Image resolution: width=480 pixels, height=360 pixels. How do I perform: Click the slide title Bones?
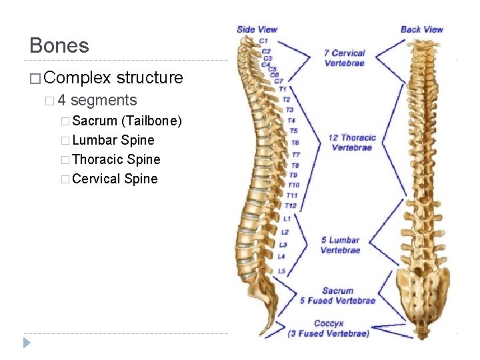(x=59, y=45)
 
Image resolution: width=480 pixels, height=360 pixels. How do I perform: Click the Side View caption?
(x=257, y=29)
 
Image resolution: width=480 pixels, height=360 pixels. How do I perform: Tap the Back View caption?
(x=421, y=29)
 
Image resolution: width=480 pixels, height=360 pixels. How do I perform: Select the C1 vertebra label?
(x=264, y=41)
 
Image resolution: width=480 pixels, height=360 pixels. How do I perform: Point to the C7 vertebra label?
(x=279, y=81)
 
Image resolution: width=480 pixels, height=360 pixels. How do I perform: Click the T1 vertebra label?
(x=283, y=89)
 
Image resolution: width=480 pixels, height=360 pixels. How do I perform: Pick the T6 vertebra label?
(x=295, y=143)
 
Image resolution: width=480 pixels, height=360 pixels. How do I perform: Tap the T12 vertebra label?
(x=291, y=206)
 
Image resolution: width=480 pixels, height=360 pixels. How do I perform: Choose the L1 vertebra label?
(x=287, y=219)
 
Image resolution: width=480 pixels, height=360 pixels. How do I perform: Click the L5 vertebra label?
(x=281, y=271)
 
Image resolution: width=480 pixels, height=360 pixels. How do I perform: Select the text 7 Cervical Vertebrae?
(x=345, y=58)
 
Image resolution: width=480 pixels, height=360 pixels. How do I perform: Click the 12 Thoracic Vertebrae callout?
(x=352, y=143)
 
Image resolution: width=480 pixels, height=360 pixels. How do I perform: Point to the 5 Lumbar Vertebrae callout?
(x=340, y=245)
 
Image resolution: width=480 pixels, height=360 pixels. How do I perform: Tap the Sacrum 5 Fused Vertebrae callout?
(x=338, y=295)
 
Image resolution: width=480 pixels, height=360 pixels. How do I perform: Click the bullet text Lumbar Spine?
(x=113, y=140)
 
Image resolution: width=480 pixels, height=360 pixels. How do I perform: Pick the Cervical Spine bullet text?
(x=115, y=179)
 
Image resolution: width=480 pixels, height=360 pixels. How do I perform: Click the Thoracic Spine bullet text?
(x=116, y=159)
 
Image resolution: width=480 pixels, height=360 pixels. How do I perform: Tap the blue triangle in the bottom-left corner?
(x=27, y=343)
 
